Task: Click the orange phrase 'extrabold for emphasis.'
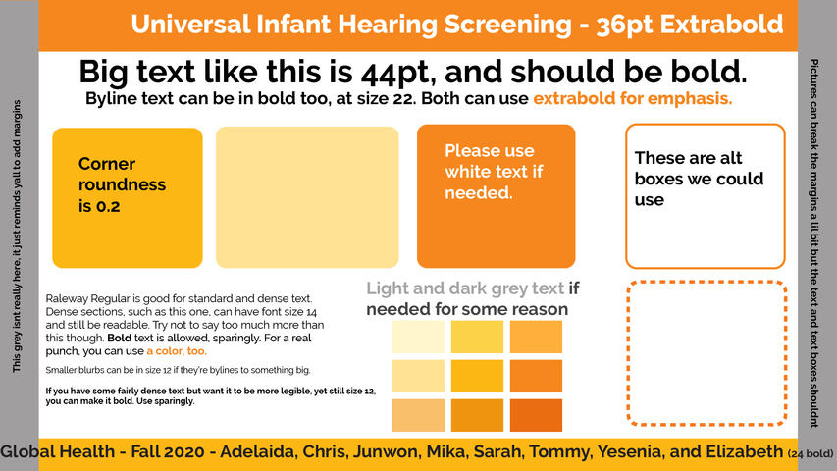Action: coord(633,98)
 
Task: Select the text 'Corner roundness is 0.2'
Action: coord(122,184)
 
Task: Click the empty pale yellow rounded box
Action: coord(307,197)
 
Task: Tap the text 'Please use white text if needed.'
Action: coord(494,172)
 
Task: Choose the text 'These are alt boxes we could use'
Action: coord(699,179)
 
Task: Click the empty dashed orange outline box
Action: coord(706,282)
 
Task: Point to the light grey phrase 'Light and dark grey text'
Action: coord(465,288)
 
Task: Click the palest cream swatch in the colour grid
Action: coord(418,337)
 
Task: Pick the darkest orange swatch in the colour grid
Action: coord(536,415)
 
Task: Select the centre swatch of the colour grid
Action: coord(477,376)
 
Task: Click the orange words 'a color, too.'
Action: coord(177,351)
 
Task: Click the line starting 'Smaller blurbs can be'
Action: coord(178,370)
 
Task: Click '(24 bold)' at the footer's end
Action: coord(811,454)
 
